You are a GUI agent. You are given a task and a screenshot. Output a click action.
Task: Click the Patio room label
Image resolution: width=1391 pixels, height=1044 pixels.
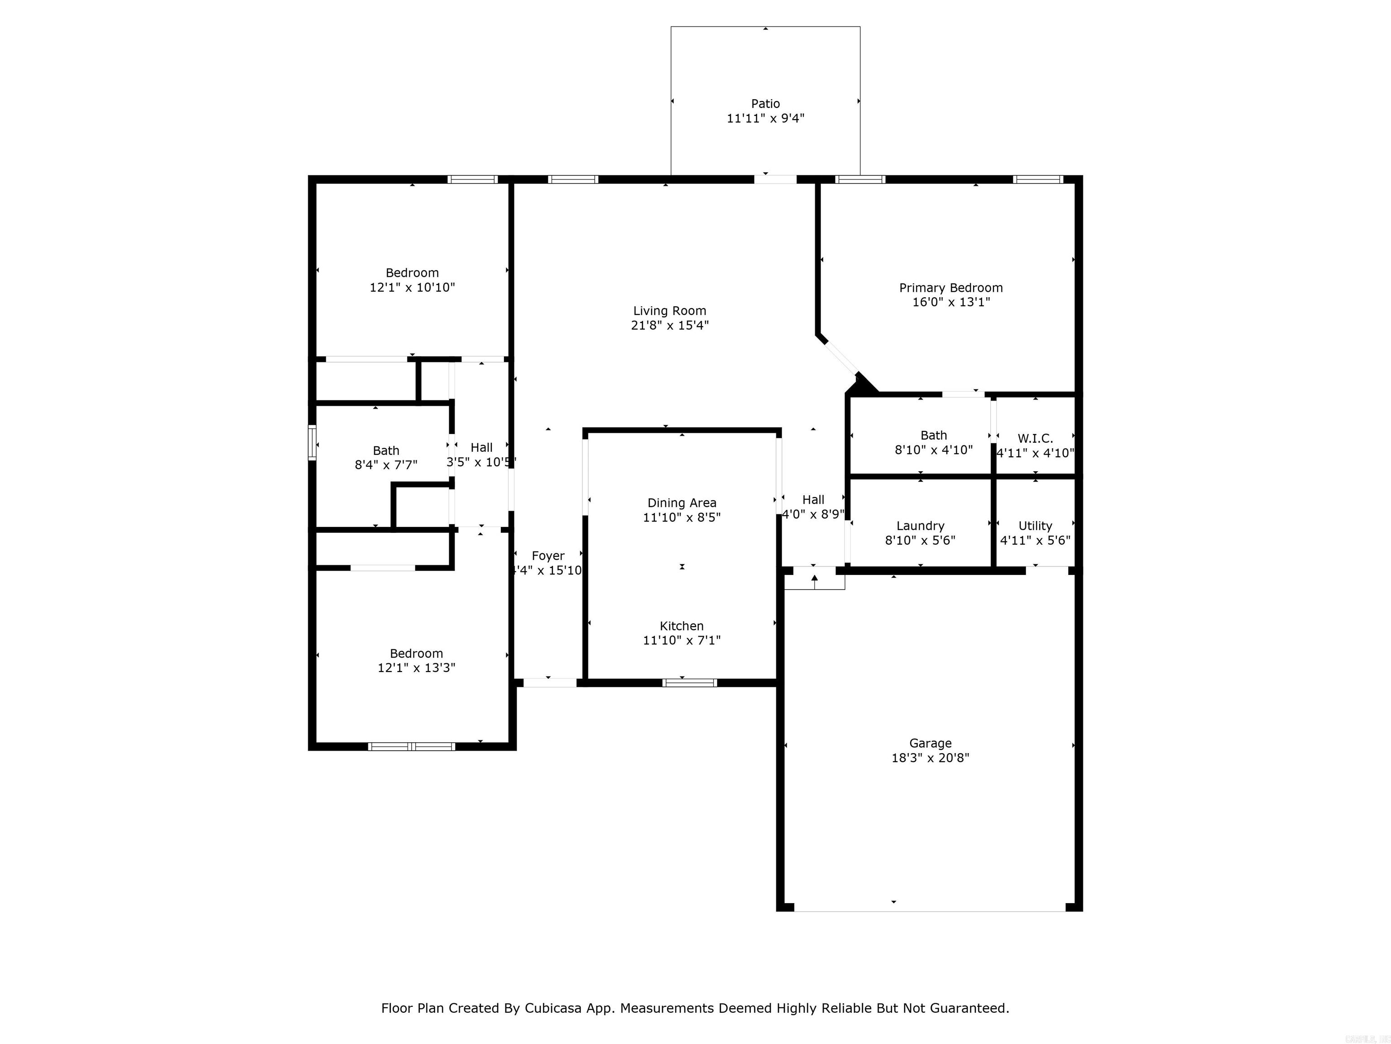click(765, 104)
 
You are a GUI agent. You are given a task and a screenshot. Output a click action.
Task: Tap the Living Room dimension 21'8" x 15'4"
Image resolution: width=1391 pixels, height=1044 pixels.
click(670, 325)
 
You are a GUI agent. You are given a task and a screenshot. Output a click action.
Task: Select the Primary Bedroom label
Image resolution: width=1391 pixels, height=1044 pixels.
click(951, 288)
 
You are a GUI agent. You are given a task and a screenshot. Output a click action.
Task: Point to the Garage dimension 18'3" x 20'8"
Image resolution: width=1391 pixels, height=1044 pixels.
click(930, 758)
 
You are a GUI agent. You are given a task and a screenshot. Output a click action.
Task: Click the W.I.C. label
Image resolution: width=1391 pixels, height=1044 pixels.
click(1035, 438)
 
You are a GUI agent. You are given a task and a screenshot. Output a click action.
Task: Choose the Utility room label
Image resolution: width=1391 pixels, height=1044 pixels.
click(1035, 526)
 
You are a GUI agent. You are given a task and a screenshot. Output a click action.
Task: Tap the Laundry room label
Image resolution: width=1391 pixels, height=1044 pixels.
click(920, 526)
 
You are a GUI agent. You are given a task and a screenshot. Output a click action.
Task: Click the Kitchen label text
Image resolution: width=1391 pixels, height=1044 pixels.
click(681, 625)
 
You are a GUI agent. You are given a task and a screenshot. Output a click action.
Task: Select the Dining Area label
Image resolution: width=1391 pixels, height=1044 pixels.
click(681, 503)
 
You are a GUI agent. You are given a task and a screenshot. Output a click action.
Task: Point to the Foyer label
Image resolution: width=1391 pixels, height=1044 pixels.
click(548, 556)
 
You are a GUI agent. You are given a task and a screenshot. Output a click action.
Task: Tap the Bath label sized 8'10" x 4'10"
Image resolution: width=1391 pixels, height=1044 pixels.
click(933, 435)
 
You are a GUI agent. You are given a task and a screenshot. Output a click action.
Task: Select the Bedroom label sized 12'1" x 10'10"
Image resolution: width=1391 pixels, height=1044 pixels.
click(412, 272)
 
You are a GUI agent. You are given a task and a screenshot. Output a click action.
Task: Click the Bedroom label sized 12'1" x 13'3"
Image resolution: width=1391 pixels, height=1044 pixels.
click(416, 653)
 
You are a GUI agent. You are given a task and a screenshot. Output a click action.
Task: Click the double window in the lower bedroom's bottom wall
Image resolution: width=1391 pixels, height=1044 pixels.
click(411, 747)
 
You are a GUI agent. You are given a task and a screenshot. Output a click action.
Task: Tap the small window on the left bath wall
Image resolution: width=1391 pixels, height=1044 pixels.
click(312, 442)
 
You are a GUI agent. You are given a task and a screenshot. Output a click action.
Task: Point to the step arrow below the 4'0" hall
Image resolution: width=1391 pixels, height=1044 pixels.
click(814, 580)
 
